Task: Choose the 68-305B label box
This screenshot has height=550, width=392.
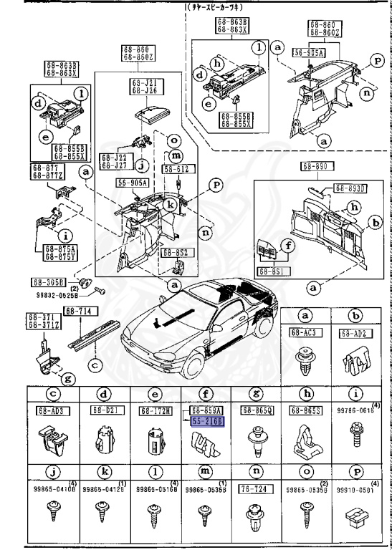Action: [x=48, y=281]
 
